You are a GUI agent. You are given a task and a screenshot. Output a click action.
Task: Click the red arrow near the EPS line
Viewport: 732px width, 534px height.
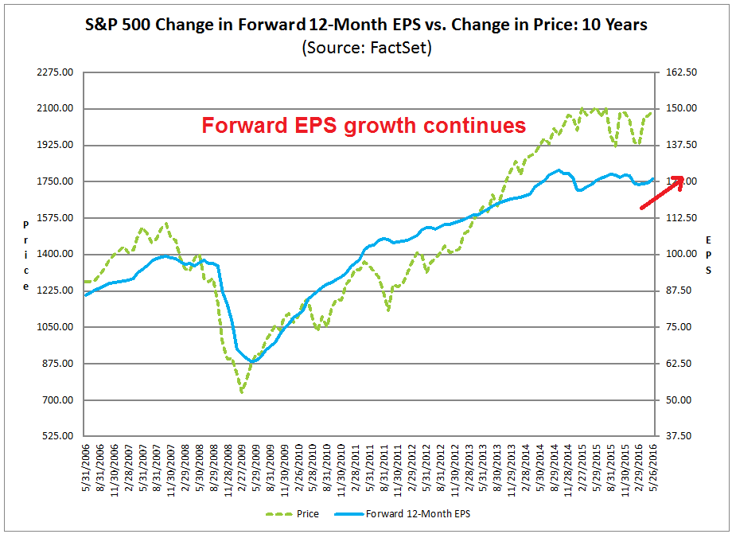pos(662,193)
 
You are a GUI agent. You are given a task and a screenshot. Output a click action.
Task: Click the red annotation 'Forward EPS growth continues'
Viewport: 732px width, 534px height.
pos(363,126)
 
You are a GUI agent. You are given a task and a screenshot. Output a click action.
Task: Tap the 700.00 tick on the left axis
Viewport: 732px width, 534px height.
pos(58,400)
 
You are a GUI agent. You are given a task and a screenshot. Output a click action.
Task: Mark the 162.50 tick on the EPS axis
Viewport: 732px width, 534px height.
pos(681,72)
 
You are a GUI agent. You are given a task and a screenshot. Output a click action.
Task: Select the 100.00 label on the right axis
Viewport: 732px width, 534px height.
pos(681,255)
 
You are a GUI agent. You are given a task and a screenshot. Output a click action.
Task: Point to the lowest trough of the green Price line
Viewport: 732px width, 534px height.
pos(241,392)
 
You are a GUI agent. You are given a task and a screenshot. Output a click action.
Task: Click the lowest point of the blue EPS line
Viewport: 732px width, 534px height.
pos(253,361)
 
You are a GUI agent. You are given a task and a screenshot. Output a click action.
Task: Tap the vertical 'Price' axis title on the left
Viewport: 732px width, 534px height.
pos(26,255)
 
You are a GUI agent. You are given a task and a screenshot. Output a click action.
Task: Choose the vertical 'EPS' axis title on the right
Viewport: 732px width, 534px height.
pos(708,255)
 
